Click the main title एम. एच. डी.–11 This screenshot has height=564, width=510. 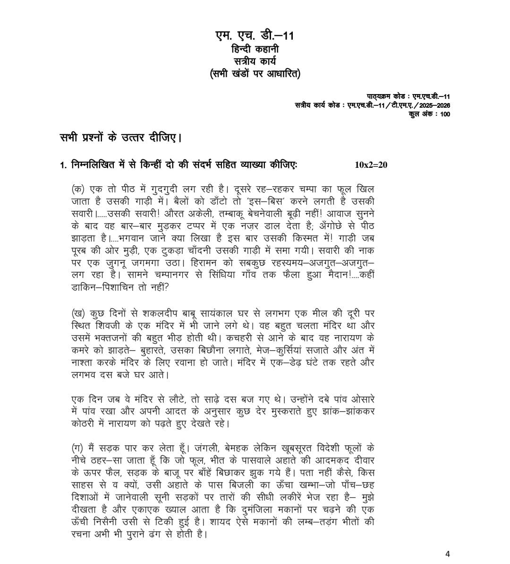pos(255,36)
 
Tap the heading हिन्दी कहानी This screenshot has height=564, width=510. pos(255,49)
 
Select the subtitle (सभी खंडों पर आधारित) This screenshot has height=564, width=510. pos(255,74)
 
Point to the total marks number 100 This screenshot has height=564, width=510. pos(444,114)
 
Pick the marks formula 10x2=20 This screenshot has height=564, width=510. pos(371,165)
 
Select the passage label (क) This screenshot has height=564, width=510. pos(78,189)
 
